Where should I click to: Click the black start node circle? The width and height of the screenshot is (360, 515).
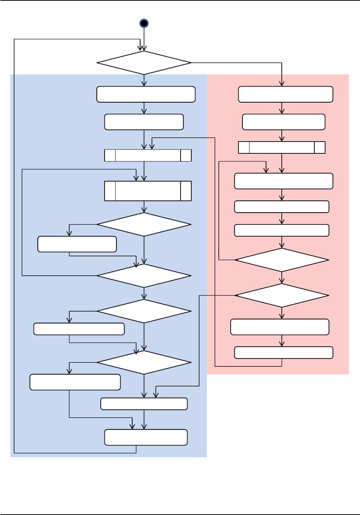[144, 23]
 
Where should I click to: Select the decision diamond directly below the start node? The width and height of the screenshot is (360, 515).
[144, 63]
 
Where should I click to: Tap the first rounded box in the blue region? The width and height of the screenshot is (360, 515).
[146, 94]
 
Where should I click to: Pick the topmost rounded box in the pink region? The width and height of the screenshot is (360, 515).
[285, 94]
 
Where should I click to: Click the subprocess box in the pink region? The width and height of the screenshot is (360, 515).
[282, 147]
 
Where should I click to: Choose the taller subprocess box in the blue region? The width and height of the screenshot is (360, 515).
[148, 191]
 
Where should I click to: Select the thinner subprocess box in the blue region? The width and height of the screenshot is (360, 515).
[148, 155]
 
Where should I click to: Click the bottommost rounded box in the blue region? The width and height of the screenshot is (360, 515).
[146, 437]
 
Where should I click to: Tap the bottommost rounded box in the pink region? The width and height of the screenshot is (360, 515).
[284, 353]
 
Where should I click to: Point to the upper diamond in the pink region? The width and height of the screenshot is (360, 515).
[282, 260]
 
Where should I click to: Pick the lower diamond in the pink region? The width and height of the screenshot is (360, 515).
[282, 295]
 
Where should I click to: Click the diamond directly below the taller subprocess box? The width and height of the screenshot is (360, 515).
[144, 225]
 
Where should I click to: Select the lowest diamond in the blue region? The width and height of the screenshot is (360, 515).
[144, 362]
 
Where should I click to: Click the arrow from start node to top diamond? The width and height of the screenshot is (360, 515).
[144, 39]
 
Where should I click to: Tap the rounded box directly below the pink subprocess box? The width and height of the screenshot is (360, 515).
[284, 181]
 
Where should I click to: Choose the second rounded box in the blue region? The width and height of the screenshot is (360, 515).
[144, 122]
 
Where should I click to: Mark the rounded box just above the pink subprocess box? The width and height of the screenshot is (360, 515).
[284, 122]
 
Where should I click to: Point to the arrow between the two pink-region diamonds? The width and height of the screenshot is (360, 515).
[282, 278]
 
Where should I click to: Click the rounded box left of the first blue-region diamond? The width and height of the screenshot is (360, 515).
[77, 244]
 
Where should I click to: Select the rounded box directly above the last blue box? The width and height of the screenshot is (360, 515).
[144, 404]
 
